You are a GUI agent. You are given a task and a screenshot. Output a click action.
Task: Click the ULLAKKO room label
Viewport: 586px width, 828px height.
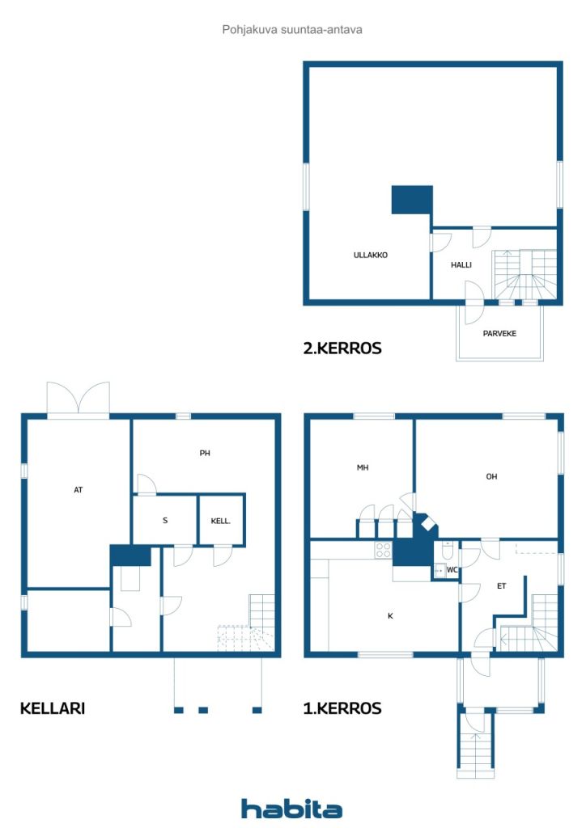371,255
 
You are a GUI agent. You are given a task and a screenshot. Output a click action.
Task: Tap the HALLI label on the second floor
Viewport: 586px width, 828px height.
461,265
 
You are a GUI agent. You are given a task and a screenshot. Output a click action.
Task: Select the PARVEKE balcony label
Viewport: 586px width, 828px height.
499,334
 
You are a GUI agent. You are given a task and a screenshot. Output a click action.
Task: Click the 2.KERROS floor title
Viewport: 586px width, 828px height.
342,349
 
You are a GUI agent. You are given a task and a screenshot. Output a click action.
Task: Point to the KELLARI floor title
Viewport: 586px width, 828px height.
53,708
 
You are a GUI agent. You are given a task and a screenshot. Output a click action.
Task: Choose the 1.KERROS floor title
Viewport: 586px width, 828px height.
342,708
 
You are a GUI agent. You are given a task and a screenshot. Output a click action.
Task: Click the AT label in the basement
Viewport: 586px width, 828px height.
79,490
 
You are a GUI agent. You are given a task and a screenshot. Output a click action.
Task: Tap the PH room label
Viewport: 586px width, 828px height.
205,453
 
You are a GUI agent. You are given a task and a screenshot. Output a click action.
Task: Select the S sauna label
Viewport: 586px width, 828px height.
165,521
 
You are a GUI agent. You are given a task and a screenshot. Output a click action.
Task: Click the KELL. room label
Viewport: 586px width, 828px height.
221,522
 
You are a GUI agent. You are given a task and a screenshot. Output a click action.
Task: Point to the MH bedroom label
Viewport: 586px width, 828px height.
363,468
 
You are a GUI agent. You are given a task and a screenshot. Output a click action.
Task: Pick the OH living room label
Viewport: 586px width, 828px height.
491,477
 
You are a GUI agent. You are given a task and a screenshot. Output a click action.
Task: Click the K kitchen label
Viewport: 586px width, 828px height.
390,615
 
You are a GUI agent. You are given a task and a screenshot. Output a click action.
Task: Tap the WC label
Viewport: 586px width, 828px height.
452,570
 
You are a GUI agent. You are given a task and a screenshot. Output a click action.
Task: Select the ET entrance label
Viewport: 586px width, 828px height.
502,586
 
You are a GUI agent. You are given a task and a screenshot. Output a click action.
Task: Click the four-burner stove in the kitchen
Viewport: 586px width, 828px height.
383,550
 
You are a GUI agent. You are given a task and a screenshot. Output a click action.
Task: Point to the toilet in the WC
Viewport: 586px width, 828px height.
447,551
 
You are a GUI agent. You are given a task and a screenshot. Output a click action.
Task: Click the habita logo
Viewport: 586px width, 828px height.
291,809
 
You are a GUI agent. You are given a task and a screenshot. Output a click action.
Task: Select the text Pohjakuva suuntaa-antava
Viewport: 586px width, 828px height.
292,30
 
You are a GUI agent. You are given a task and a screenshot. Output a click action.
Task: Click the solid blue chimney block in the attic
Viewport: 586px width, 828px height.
412,201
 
